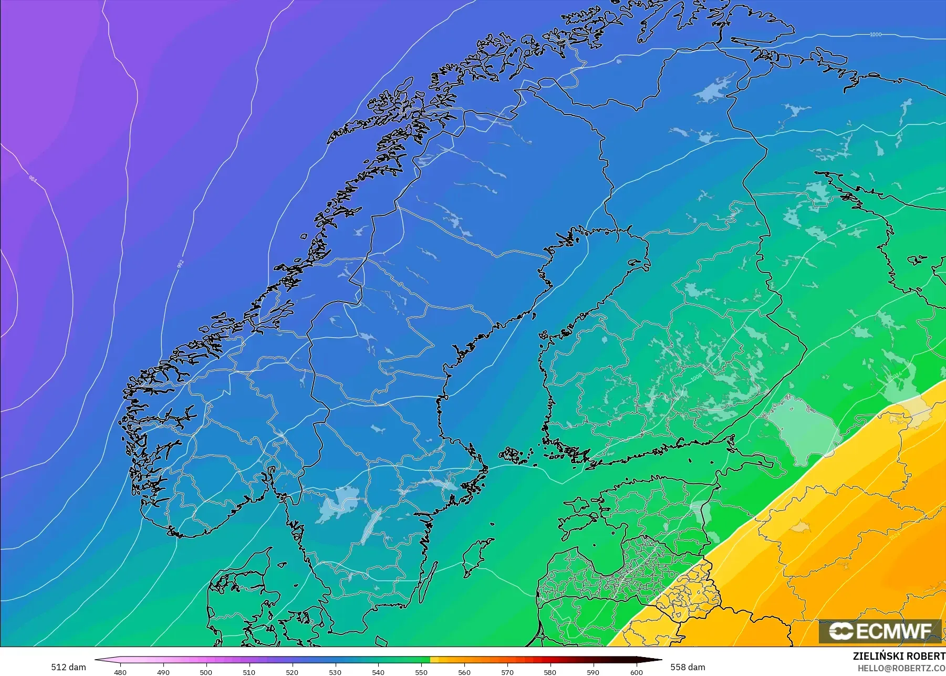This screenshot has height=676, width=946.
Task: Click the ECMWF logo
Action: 880,631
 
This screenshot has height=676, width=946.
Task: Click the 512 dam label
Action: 68,667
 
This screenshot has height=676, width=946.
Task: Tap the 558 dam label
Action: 688,667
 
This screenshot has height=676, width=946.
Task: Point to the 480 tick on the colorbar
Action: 120,672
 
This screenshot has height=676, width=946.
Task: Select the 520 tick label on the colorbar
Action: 292,672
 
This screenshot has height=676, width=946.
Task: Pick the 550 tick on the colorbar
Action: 421,672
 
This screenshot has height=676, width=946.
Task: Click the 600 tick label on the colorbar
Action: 636,672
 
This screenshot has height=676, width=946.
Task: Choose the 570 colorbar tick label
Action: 507,672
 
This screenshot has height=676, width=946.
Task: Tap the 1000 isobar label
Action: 876,35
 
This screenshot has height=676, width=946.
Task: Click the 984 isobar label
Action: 33,179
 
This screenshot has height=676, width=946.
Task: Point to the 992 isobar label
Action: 181,263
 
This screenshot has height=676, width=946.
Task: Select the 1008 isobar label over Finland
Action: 696,378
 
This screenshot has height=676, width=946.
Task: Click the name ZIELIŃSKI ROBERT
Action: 899,656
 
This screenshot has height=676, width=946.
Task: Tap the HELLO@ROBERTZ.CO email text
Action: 901,668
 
